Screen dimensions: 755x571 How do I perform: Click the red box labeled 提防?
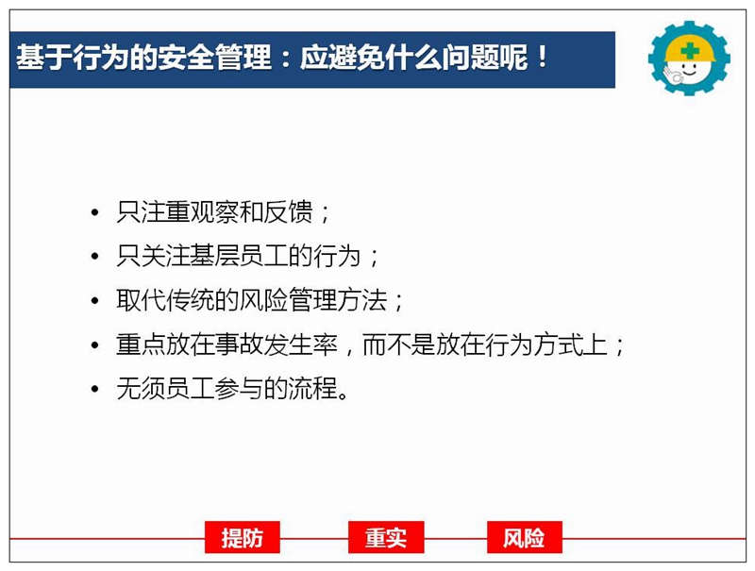(243, 537)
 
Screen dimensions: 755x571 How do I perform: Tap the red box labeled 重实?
(386, 537)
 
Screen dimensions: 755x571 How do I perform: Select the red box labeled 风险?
(525, 537)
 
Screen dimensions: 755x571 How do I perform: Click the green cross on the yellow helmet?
(690, 50)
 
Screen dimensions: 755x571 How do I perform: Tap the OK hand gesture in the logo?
(671, 76)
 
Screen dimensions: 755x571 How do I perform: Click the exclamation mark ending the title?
(543, 58)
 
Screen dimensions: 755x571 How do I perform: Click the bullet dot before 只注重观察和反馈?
(95, 212)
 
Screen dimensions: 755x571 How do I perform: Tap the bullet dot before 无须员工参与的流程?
(95, 389)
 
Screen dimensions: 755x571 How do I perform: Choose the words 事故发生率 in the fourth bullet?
(277, 344)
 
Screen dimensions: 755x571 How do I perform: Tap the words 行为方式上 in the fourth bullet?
(546, 344)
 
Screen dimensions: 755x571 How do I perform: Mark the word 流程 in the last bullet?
(313, 389)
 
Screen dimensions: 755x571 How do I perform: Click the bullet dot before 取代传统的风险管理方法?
(95, 301)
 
